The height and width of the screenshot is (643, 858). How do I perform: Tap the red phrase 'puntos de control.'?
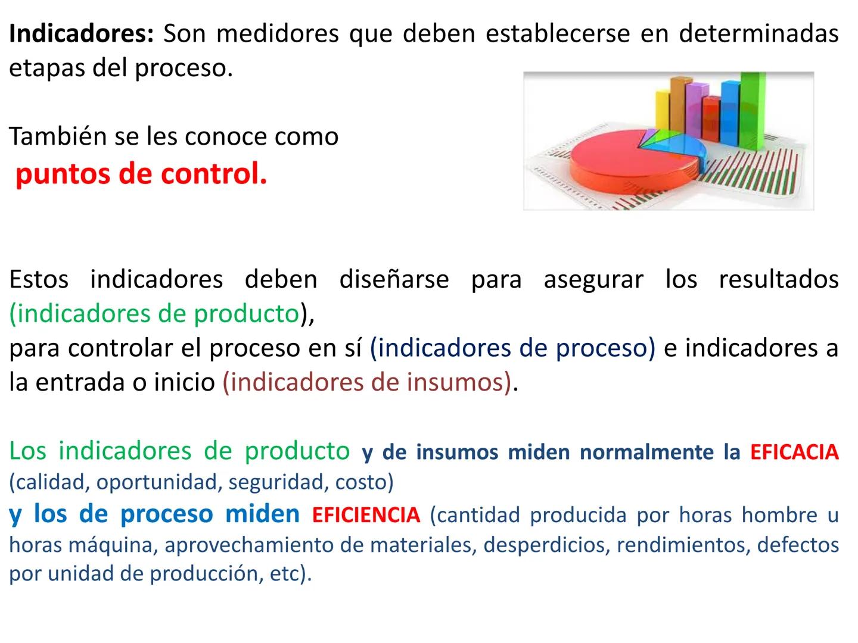tap(141, 174)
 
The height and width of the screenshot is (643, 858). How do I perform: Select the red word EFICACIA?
tap(794, 452)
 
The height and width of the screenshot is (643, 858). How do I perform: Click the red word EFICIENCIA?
tap(366, 515)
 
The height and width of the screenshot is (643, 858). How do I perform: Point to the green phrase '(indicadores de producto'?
tap(154, 314)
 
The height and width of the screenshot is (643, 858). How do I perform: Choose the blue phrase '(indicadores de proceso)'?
tap(512, 348)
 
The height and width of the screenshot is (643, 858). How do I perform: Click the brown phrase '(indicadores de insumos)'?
tap(367, 382)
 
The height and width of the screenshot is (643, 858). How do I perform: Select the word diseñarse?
tap(394, 279)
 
